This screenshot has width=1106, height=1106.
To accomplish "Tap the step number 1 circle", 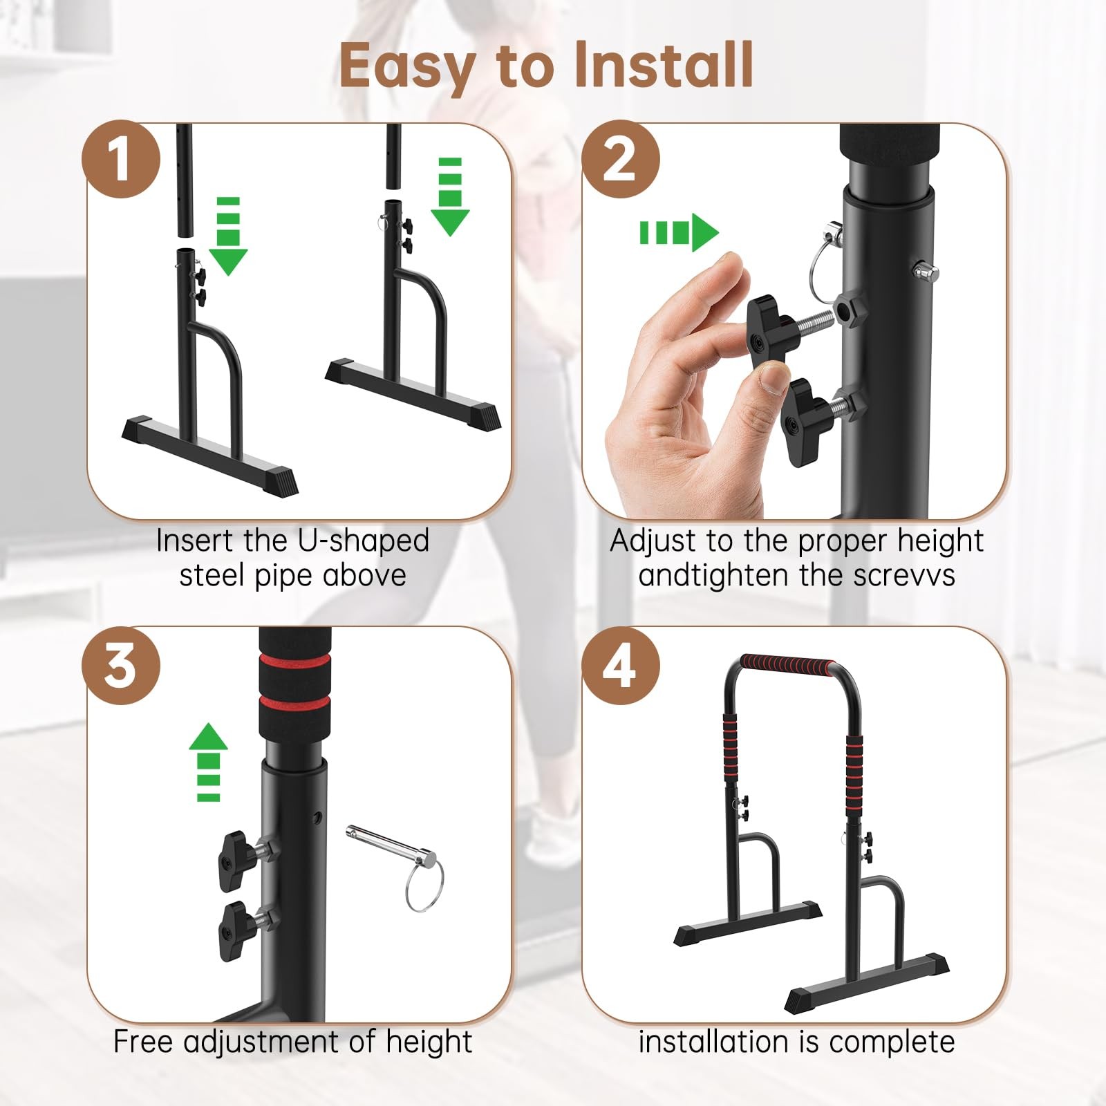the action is tap(121, 159).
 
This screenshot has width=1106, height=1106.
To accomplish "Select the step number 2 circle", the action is tap(620, 159).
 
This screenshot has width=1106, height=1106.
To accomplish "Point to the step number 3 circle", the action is tap(121, 665).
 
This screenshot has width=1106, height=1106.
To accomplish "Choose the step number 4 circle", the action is tap(620, 665).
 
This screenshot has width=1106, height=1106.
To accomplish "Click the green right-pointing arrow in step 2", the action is tap(679, 233).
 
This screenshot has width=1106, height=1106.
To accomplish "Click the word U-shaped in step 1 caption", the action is tap(363, 541).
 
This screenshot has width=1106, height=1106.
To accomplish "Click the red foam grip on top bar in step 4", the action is tap(787, 665).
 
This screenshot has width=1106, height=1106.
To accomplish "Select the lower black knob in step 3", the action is tap(235, 931).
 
